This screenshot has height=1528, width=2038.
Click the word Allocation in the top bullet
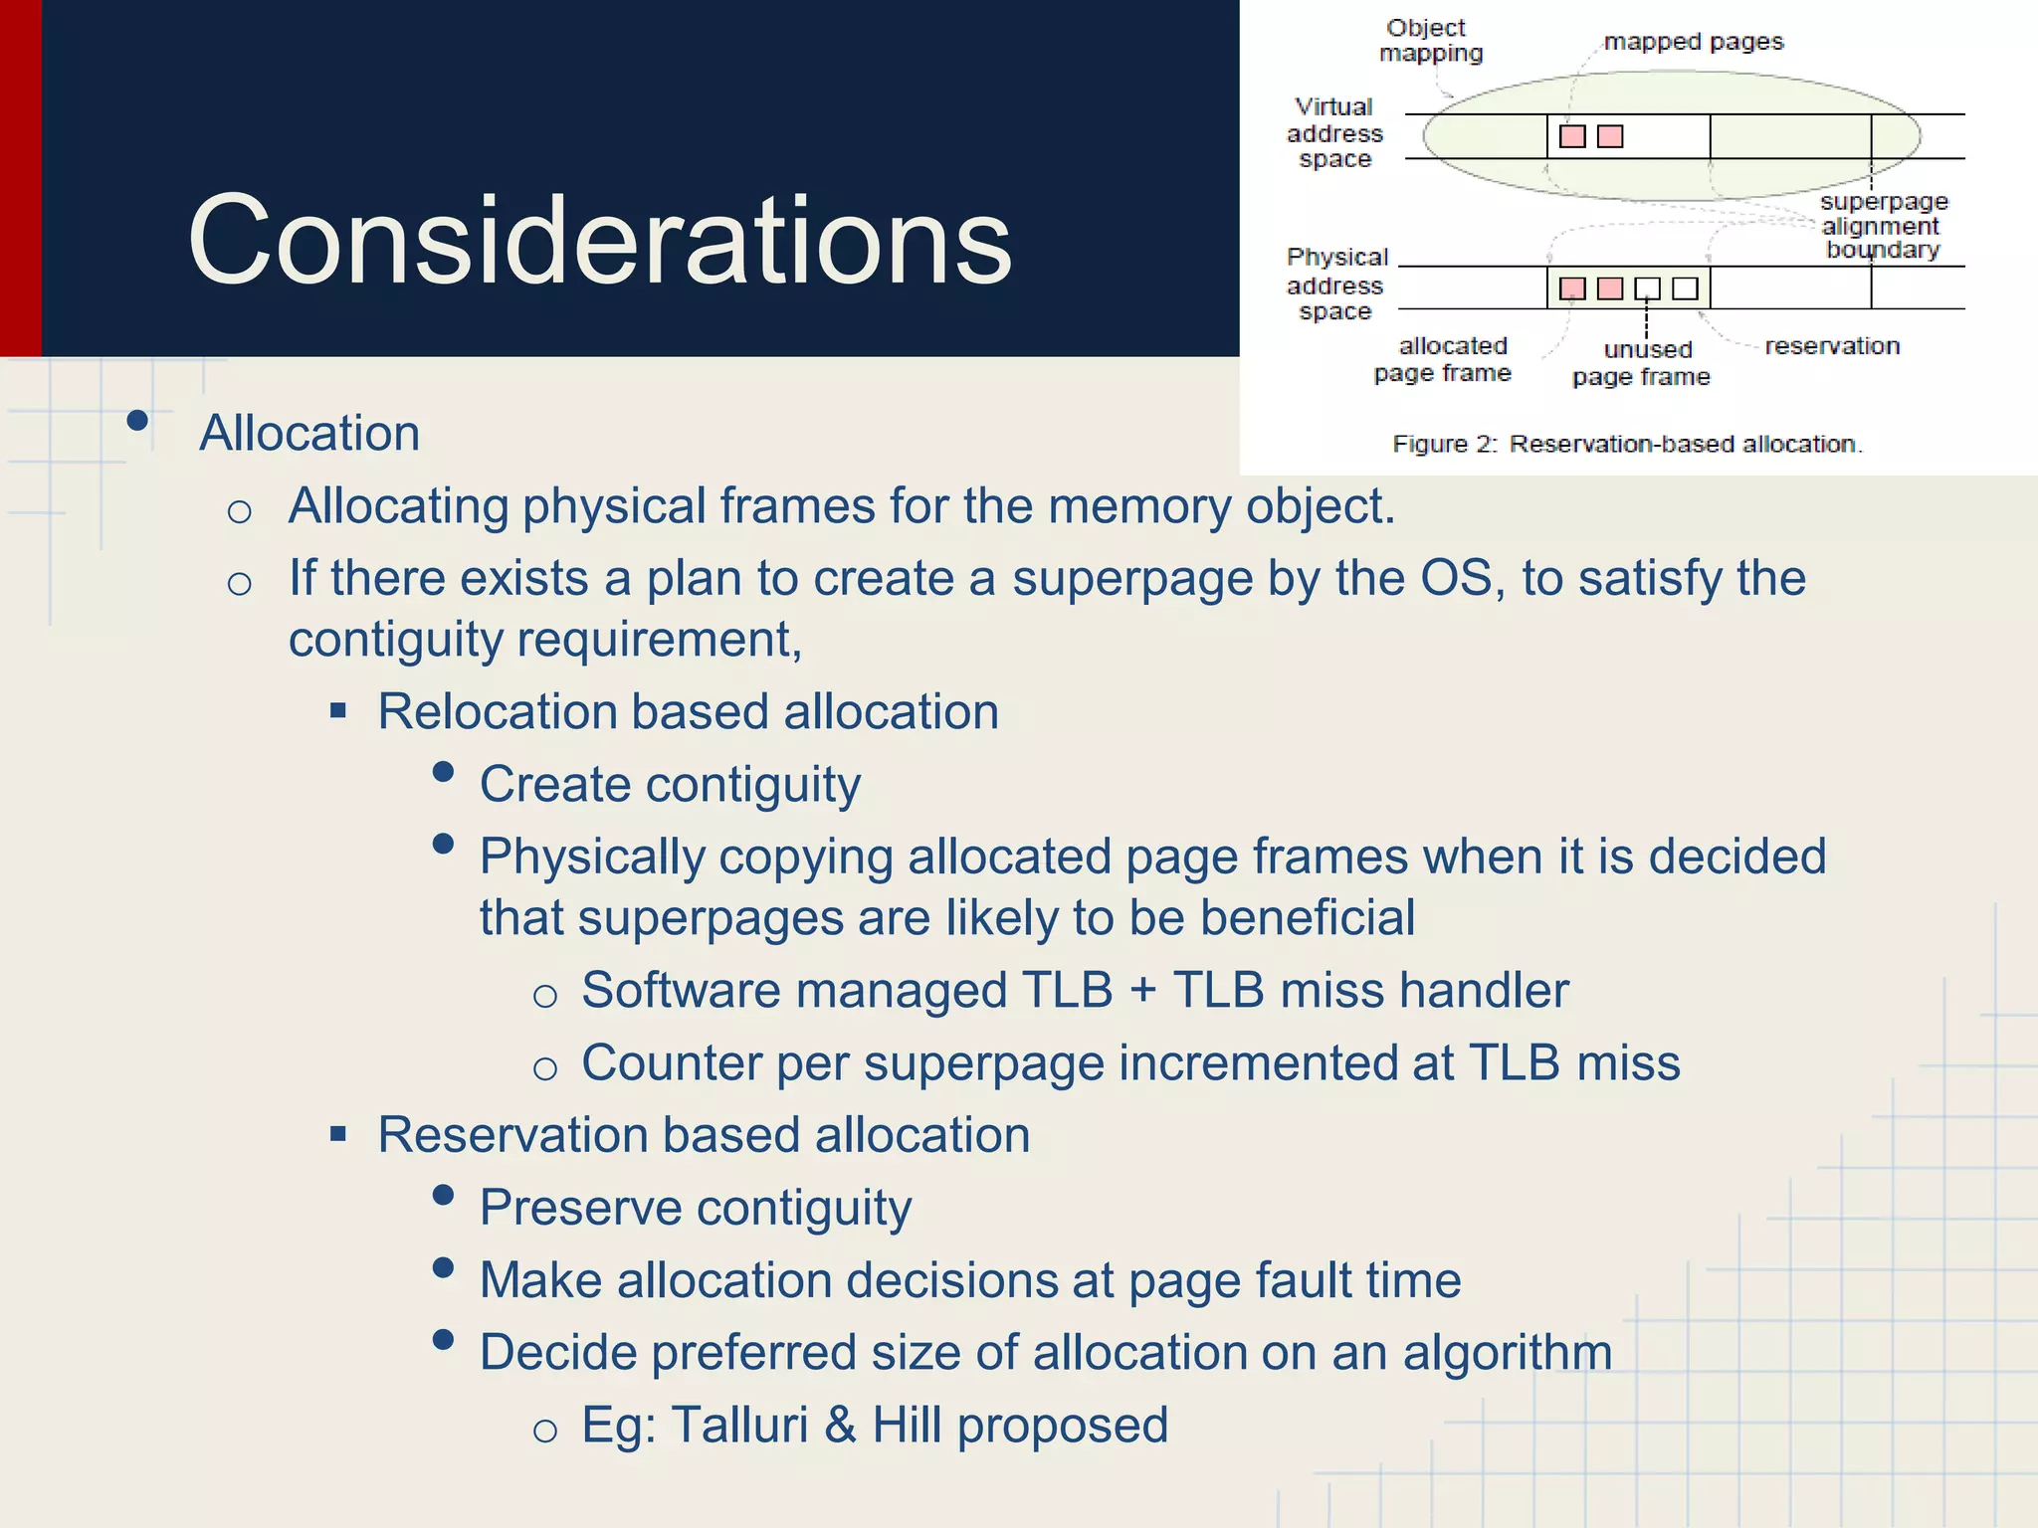pos(309,434)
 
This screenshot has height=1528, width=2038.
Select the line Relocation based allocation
pos(688,712)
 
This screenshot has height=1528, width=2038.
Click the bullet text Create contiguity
pos(670,785)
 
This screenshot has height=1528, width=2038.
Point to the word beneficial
pos(1307,917)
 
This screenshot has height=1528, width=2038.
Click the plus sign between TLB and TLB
pos(1142,991)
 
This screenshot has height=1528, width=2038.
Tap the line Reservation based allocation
pos(704,1135)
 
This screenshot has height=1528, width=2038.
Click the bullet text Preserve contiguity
pos(695,1208)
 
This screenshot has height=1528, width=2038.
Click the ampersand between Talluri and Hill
pos(840,1426)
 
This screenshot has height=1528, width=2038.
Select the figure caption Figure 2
pos(1626,444)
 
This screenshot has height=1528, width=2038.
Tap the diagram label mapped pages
pos(1693,42)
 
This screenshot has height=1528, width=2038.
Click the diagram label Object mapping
pos(1430,41)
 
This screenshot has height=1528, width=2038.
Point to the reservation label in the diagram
pos(1832,346)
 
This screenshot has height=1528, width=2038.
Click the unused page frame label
pos(1641,363)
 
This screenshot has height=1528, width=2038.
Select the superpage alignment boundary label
pos(1882,226)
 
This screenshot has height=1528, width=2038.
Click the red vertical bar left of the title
pos(20,178)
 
